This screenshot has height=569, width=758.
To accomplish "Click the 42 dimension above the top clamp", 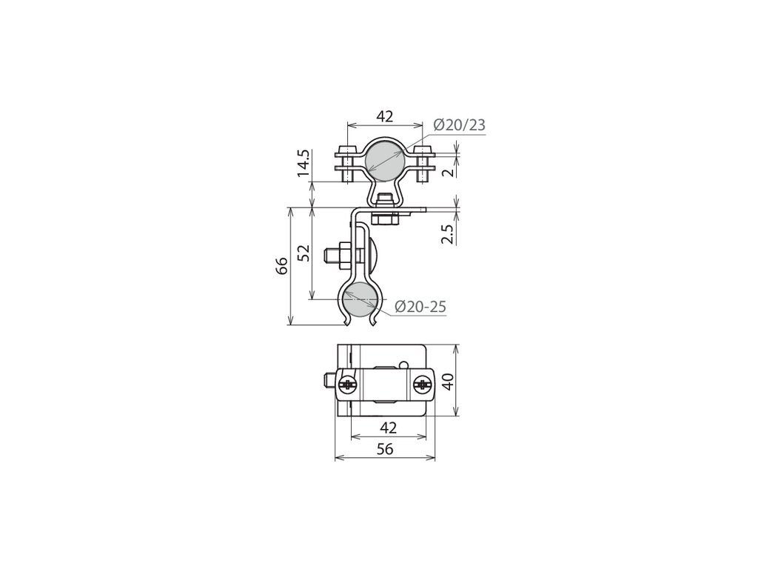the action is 385,116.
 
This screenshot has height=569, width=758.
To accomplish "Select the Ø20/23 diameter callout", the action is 459,124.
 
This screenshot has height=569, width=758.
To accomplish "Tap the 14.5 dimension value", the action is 303,164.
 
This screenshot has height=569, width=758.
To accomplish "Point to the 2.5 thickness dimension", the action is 448,234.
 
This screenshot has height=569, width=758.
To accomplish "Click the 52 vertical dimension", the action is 303,253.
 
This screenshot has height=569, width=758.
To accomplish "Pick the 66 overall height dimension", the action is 281,266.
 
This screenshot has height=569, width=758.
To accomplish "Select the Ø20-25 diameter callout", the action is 420,306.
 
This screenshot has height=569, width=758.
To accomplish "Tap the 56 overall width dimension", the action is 385,449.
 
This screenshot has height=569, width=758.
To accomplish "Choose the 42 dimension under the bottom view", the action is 389,427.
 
